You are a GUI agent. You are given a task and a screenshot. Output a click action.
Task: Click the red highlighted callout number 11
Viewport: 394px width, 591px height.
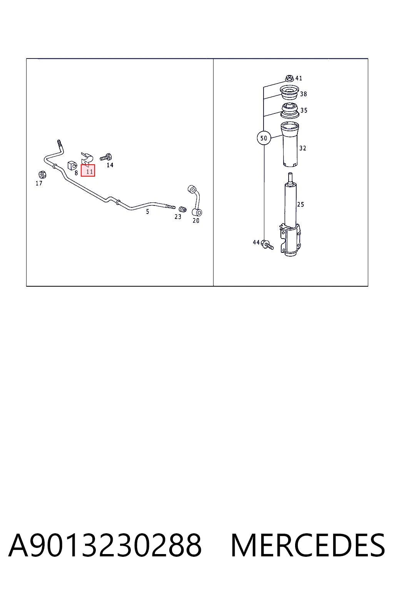pyautogui.click(x=88, y=170)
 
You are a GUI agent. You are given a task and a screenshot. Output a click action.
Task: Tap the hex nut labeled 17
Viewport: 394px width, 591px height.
pyautogui.click(x=42, y=174)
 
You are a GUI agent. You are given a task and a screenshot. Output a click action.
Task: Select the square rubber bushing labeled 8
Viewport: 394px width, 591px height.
pyautogui.click(x=72, y=165)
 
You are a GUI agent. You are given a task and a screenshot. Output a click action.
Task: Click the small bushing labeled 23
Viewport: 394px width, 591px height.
pyautogui.click(x=182, y=209)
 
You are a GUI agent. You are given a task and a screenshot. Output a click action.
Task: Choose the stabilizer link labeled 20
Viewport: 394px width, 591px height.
pyautogui.click(x=195, y=201)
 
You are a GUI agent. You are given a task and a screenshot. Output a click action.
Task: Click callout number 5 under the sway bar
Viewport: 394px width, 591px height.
pyautogui.click(x=147, y=211)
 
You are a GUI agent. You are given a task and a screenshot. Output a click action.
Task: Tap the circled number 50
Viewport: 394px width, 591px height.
pyautogui.click(x=264, y=138)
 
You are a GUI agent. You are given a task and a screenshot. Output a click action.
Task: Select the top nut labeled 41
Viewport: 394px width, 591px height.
pyautogui.click(x=289, y=78)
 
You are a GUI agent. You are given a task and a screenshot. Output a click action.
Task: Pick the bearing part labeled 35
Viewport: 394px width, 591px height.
pyautogui.click(x=289, y=110)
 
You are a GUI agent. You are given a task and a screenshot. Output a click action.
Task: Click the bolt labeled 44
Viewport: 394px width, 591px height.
pyautogui.click(x=267, y=245)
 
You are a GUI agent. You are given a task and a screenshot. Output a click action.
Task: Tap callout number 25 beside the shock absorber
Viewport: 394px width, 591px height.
pyautogui.click(x=301, y=204)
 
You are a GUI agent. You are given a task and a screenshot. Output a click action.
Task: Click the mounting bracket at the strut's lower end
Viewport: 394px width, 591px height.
pyautogui.click(x=290, y=239)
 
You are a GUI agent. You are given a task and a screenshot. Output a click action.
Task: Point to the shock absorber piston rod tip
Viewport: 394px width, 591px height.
pyautogui.click(x=290, y=174)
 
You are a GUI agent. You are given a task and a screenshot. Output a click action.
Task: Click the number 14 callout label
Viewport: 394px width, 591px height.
pyautogui.click(x=110, y=165)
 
